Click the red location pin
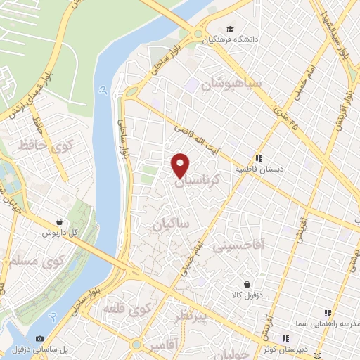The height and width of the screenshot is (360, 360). pos(181,165)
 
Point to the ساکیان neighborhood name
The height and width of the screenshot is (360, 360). pos(172,224)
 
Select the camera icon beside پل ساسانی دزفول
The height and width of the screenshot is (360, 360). pos(39,339)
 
